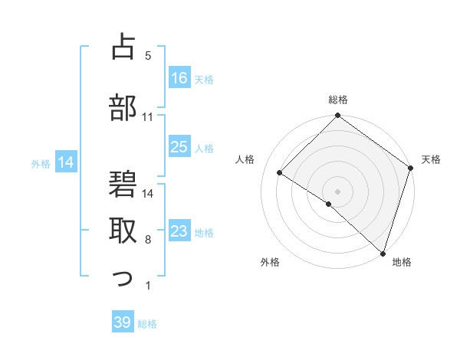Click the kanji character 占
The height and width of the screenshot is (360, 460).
(123, 47)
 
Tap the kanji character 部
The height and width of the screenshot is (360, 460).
(123, 108)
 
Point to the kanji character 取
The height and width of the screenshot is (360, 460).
(123, 230)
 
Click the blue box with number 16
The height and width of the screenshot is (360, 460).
(179, 78)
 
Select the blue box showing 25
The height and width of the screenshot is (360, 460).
(179, 147)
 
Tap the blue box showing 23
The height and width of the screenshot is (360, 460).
(179, 231)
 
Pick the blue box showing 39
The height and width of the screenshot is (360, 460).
(122, 322)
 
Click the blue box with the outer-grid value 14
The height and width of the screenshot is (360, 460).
(65, 162)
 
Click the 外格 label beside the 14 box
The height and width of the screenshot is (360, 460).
(41, 162)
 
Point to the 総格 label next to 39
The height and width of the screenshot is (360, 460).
(147, 324)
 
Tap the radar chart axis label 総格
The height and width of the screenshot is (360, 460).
(338, 100)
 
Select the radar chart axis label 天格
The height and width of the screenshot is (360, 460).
(432, 159)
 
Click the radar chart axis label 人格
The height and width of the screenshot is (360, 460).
(245, 159)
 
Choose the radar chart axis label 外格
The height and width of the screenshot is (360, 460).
(270, 262)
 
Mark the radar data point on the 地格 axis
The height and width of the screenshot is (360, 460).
(383, 252)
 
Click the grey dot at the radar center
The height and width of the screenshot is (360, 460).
(337, 191)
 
